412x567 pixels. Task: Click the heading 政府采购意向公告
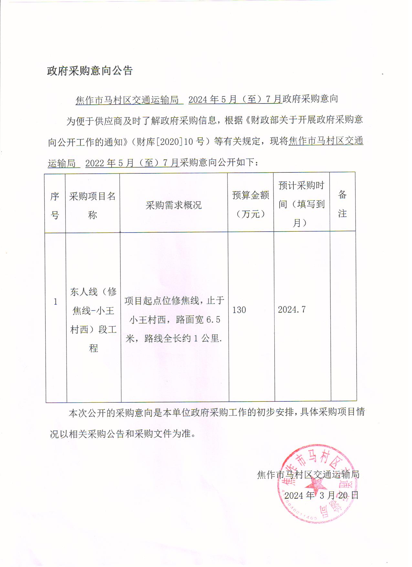(x=90, y=71)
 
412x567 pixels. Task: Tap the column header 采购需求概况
(x=174, y=205)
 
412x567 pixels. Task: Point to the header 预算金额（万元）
(x=250, y=204)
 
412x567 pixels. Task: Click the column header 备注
(x=342, y=204)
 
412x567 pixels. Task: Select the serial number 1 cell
(x=56, y=302)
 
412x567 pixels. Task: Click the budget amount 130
(x=239, y=310)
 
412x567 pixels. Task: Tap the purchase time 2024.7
(x=291, y=310)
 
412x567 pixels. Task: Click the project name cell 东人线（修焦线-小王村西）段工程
(x=93, y=320)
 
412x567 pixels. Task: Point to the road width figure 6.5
(x=213, y=320)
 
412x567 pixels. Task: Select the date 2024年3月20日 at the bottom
(x=321, y=495)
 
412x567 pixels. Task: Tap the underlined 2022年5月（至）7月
(x=132, y=163)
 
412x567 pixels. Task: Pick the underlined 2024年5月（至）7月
(x=235, y=99)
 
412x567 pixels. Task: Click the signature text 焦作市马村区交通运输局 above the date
(x=308, y=474)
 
